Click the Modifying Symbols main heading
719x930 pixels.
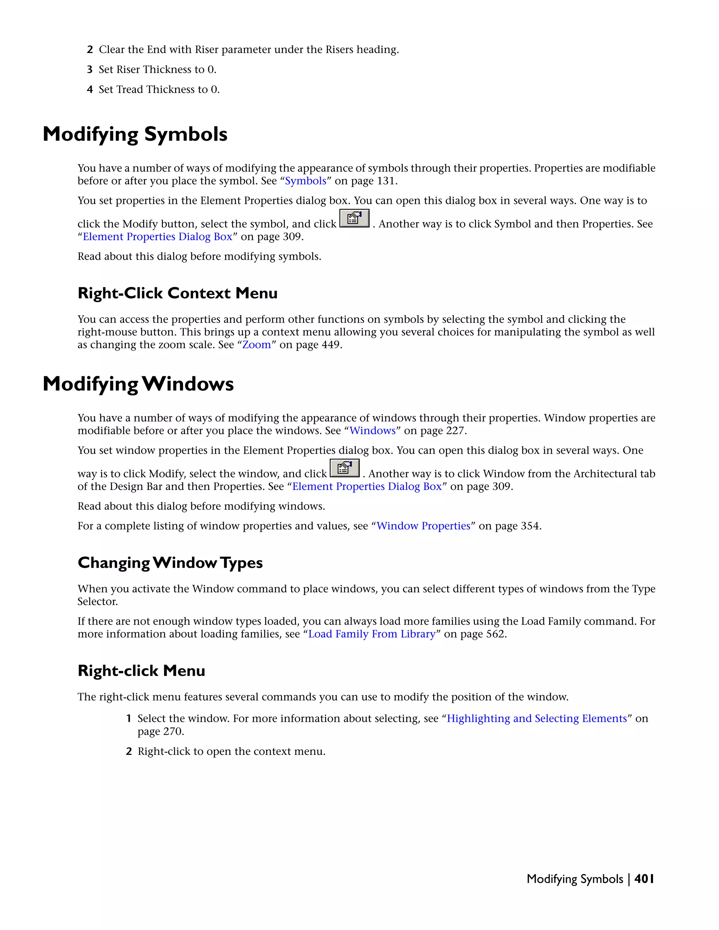click(x=135, y=134)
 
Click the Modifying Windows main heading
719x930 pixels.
click(x=138, y=384)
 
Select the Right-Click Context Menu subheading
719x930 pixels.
click(x=177, y=293)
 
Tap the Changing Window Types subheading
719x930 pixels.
click(x=170, y=563)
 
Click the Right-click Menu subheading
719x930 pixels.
click(x=141, y=671)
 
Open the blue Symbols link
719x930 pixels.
click(x=305, y=181)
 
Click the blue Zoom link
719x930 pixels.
click(x=256, y=345)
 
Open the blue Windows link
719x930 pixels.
click(x=372, y=431)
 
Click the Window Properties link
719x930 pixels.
click(x=423, y=526)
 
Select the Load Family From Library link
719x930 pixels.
click(x=372, y=635)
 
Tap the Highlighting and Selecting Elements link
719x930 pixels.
click(x=537, y=719)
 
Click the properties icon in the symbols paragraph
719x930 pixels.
click(x=354, y=218)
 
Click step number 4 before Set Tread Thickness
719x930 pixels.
click(x=90, y=90)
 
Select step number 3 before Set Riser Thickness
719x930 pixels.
click(x=90, y=70)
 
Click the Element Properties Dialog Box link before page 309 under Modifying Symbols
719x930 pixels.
click(x=157, y=237)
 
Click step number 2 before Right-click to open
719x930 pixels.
click(x=128, y=752)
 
